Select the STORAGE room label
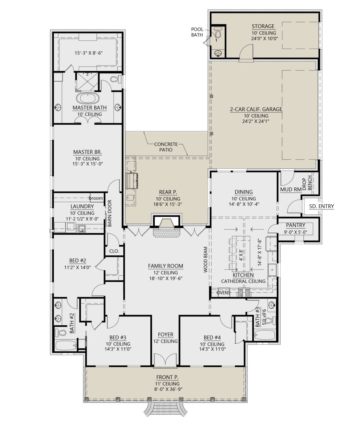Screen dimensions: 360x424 click(263, 26)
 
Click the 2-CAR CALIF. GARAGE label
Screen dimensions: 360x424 click(256, 109)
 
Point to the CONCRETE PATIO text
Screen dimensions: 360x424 click(166, 147)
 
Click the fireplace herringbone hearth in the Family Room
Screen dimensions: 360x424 click(166, 233)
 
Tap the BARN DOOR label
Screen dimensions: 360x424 click(109, 213)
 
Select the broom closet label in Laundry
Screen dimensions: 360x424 click(96, 198)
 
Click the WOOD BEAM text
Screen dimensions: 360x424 click(205, 259)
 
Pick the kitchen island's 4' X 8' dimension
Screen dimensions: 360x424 click(241, 255)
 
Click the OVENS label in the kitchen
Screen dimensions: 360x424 click(223, 293)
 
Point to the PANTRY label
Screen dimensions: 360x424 click(295, 225)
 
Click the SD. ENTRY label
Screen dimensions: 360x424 click(321, 206)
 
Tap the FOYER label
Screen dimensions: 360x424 click(166, 335)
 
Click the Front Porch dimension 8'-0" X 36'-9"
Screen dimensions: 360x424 click(168, 389)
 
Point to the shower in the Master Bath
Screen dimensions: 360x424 click(87, 82)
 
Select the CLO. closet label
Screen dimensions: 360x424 click(114, 251)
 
